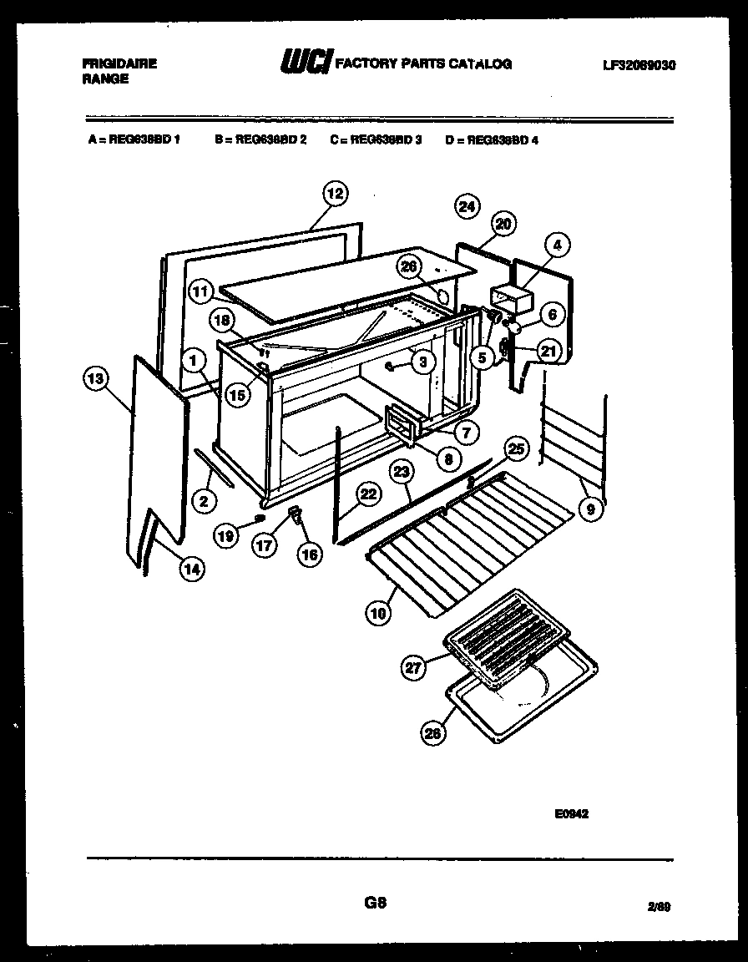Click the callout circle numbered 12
[x=334, y=194]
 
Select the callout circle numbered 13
[x=97, y=378]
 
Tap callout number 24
[x=467, y=206]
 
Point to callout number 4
[x=558, y=246]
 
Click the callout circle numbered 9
[x=591, y=506]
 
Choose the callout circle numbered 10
[x=377, y=614]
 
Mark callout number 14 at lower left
[x=192, y=569]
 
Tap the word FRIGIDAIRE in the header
[x=120, y=63]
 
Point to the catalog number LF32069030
[x=638, y=64]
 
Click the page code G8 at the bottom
[x=375, y=903]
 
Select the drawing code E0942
[x=571, y=814]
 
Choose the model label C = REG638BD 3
[x=376, y=140]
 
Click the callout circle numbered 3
[x=423, y=362]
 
